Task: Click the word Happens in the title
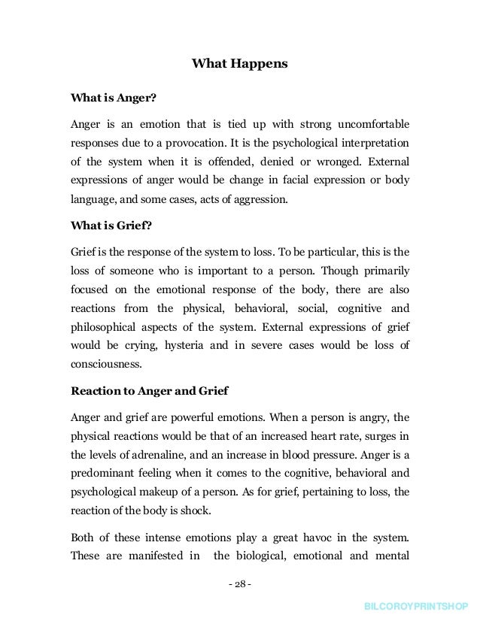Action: coord(261,65)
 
